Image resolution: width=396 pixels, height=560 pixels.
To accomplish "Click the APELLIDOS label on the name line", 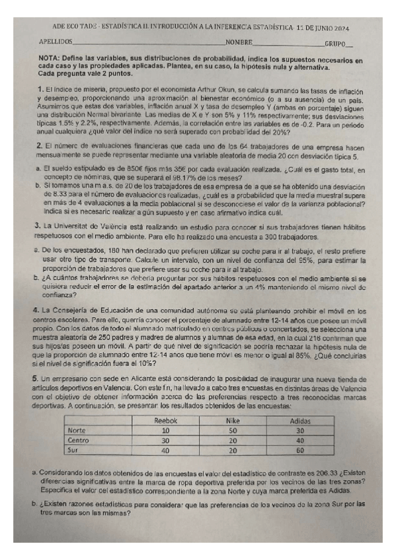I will (x=56, y=42).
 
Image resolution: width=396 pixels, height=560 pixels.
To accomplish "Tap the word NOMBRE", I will (x=239, y=42).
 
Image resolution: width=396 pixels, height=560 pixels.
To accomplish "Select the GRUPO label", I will (x=337, y=43).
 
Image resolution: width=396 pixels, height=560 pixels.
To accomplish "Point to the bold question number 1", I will (x=40, y=88).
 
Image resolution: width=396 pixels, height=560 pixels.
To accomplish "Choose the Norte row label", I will (x=77, y=430).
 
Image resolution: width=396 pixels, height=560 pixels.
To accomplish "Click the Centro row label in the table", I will (x=79, y=440).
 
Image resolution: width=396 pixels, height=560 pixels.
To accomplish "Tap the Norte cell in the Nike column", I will (x=232, y=430).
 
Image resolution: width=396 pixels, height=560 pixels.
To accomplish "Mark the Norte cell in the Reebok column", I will (x=165, y=430).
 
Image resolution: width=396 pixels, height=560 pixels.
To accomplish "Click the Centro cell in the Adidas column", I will (x=301, y=440).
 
